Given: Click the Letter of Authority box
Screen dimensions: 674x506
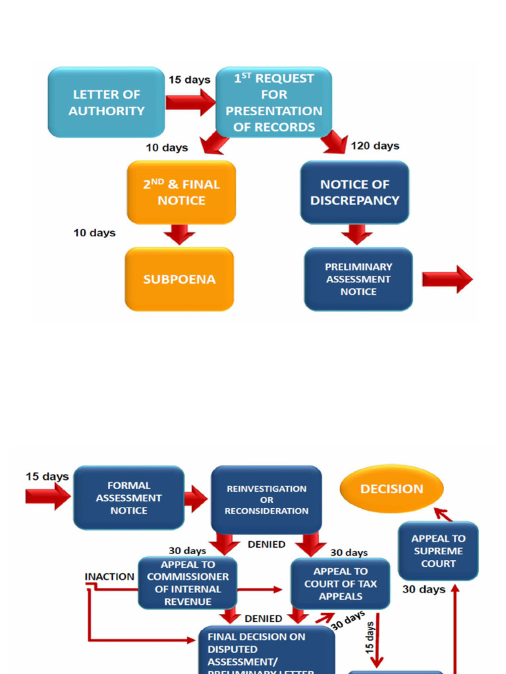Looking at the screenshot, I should click(106, 103).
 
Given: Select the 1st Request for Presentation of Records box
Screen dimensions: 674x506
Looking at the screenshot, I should click(274, 103).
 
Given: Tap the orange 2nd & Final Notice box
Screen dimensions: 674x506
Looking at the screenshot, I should click(181, 192).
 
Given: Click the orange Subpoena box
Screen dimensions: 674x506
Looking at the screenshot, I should click(179, 279).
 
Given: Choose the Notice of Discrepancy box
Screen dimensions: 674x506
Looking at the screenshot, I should click(354, 192).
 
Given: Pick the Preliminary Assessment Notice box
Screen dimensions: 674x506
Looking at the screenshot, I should click(358, 279).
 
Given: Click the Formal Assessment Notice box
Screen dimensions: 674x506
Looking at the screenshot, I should click(128, 498).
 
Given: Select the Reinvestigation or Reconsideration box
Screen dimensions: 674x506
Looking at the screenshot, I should click(266, 500).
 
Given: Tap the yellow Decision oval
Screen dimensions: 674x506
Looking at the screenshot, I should click(391, 489).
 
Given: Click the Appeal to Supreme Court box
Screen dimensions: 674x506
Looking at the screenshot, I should click(438, 551).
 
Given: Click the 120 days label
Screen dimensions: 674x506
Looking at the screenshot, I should click(375, 146).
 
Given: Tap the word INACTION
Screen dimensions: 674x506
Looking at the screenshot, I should click(109, 577).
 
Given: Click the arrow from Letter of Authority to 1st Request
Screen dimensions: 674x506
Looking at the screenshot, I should click(190, 103).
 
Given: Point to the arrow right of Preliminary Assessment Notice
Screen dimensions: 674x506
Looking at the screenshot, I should click(447, 279).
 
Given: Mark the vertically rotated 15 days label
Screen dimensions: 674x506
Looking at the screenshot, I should click(371, 635).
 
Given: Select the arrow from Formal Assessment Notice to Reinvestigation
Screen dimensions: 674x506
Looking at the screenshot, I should click(196, 499).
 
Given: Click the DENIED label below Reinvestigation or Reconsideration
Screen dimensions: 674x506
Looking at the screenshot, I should click(266, 544).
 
